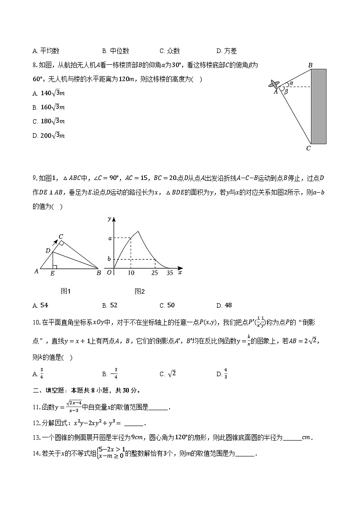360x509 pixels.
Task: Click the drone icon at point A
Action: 274,84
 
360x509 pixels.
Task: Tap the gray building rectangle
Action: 318,106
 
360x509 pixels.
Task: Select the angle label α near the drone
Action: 291,83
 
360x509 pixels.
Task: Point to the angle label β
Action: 286,92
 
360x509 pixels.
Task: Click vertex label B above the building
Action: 311,65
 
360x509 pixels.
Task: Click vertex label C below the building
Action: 308,148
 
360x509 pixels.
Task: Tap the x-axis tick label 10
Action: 131,273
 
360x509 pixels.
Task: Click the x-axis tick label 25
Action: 155,273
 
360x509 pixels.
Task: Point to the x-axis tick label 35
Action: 170,273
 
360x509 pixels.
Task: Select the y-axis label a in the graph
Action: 109,238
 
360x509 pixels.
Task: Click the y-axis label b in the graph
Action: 109,259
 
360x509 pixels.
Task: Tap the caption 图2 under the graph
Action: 139,291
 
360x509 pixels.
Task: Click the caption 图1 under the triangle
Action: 66,291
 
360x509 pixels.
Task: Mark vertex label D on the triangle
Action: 48,251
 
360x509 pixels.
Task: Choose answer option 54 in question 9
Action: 44,305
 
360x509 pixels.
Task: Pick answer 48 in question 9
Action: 228,305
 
